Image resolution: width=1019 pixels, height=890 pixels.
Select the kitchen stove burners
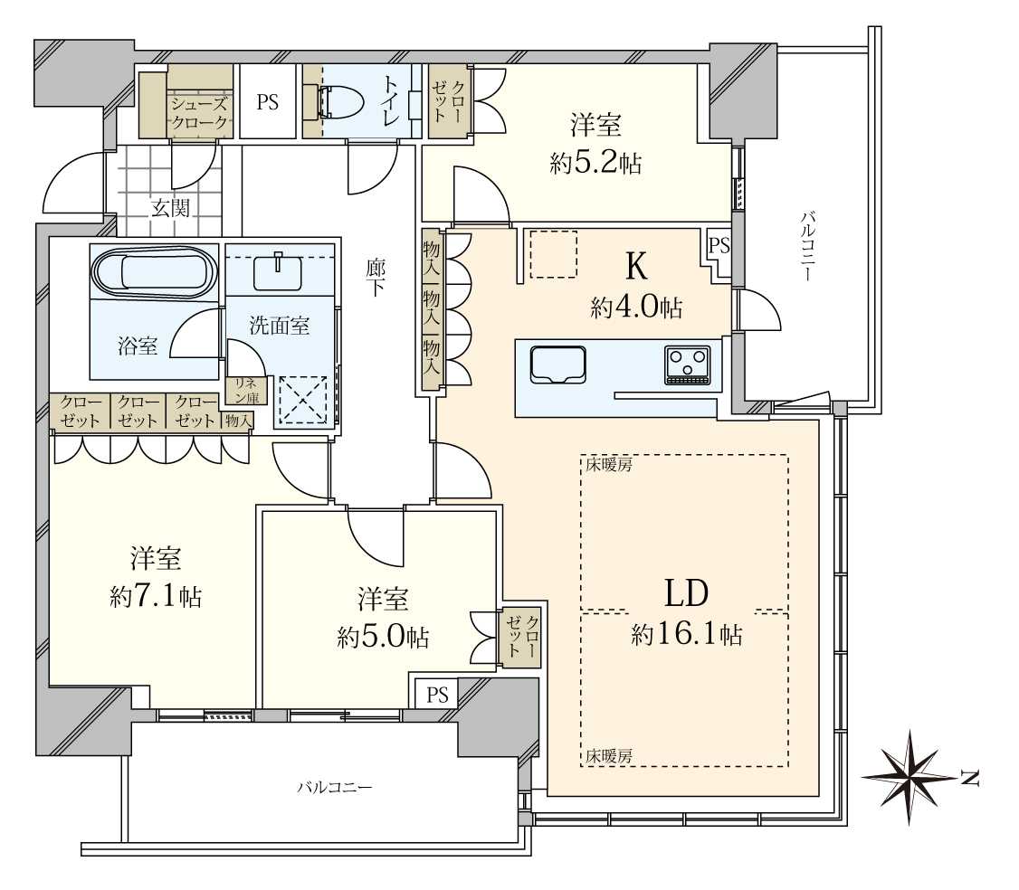[687, 365]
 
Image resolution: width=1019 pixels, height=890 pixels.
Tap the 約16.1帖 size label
[687, 635]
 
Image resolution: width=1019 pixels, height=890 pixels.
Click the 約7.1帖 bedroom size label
[156, 597]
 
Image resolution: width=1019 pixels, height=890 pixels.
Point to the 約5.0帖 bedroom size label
[383, 637]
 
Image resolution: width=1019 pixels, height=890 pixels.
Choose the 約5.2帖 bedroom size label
[595, 163]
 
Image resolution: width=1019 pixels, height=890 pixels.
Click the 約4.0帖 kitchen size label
[636, 308]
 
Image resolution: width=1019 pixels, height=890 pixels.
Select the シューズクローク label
[201, 113]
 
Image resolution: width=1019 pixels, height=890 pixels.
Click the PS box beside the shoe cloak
[267, 101]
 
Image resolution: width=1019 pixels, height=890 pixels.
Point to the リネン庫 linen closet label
[246, 390]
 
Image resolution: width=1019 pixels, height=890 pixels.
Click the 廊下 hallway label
[376, 280]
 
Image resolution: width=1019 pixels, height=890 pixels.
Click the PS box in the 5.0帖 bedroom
[438, 694]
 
